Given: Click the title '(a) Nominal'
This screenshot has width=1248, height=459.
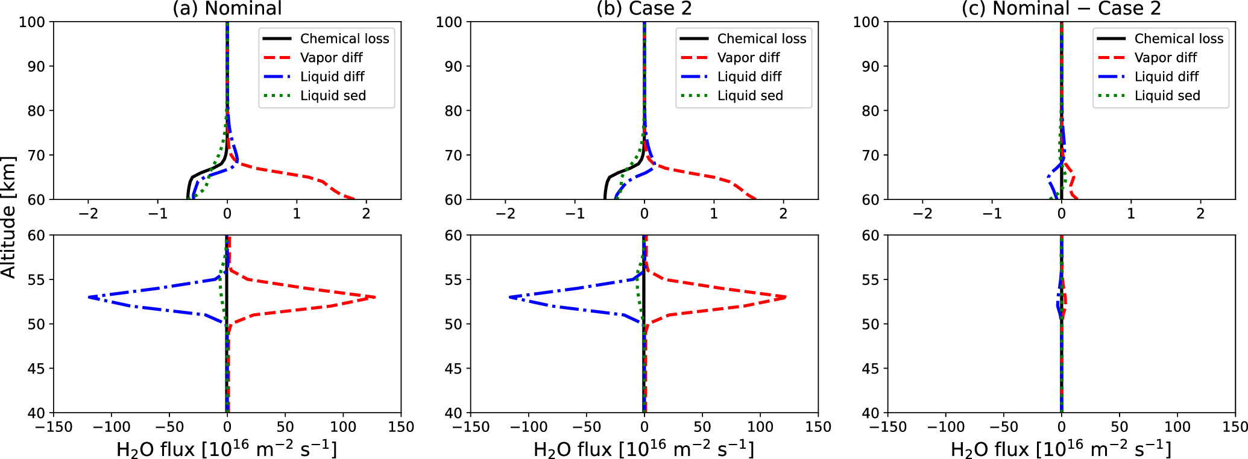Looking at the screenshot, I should [x=227, y=8].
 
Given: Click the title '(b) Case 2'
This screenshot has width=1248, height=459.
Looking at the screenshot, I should [x=644, y=8].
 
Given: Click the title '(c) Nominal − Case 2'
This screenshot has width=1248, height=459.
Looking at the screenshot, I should [x=1061, y=8].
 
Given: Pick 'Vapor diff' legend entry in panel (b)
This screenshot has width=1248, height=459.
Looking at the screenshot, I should [x=748, y=58].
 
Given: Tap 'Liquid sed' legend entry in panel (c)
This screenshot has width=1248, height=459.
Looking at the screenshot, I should [x=1167, y=96].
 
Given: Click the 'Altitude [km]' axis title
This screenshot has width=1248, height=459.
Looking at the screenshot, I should [x=8, y=217].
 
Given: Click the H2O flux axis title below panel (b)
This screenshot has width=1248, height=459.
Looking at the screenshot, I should [x=644, y=448].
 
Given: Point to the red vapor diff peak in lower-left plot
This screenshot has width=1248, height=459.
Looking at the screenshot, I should [x=374, y=297].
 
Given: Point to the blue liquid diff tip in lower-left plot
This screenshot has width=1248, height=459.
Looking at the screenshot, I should [x=89, y=297].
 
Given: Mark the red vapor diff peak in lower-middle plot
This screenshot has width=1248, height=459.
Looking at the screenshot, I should [x=785, y=297].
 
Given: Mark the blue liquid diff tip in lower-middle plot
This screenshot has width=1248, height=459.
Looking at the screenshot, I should [x=510, y=297].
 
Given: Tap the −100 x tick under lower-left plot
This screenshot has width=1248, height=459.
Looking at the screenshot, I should [x=112, y=427].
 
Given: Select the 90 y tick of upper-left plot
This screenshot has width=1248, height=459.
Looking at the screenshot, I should [x=36, y=66].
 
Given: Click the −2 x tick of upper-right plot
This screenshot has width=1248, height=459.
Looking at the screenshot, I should [x=922, y=213].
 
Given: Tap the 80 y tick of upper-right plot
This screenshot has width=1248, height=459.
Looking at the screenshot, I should [x=870, y=111].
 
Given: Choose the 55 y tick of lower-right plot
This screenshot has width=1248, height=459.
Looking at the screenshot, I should [x=870, y=279].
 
